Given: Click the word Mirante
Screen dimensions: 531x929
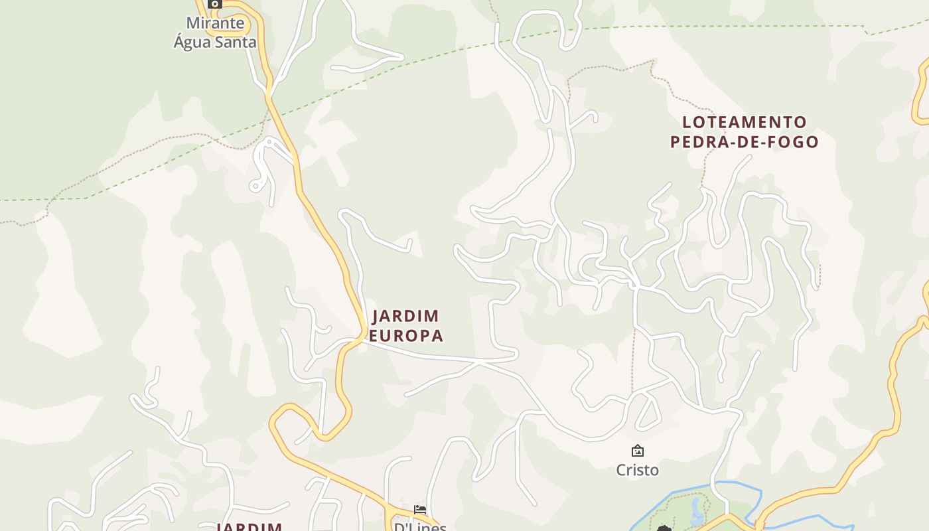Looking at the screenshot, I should [x=215, y=23].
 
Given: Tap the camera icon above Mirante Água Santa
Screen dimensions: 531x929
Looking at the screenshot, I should [x=214, y=4].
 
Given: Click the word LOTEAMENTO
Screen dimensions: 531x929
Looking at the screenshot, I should [x=745, y=122].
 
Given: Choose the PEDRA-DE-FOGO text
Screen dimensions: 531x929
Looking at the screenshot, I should [x=745, y=141].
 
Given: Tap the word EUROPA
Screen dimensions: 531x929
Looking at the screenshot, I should [x=405, y=336].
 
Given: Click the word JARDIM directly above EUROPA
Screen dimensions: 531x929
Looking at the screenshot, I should [x=405, y=316].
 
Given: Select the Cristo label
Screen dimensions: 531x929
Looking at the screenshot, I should [x=637, y=470].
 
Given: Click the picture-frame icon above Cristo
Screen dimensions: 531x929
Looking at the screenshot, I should [x=637, y=451].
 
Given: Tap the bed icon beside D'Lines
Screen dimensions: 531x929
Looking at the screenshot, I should [x=420, y=510].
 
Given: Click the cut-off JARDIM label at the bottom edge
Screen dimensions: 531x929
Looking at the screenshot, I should [x=250, y=527].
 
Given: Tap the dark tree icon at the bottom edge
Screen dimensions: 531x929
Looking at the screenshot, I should [x=664, y=528].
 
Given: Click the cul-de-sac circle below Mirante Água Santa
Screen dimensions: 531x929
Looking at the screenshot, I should [x=255, y=187].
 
